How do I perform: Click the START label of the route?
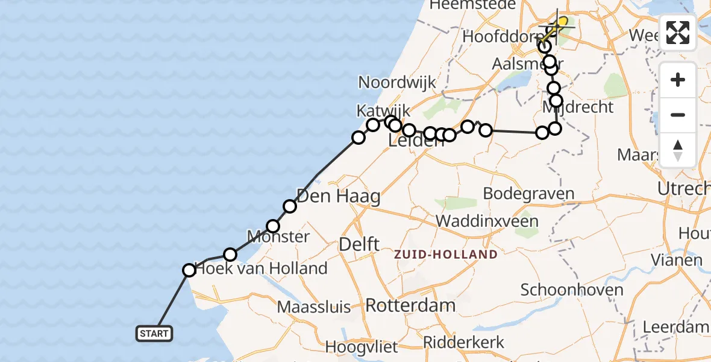[x=154, y=334]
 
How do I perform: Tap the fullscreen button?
[x=678, y=33]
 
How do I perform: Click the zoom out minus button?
[x=678, y=115]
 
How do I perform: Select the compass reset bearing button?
[x=678, y=150]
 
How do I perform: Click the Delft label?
[x=359, y=244]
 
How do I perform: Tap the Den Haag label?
[x=338, y=196]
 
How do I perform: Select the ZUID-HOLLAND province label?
[x=446, y=254]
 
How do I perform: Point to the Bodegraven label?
[x=528, y=194]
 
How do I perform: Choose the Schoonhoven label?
[x=572, y=290]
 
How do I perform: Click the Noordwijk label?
[x=396, y=83]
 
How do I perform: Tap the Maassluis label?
[x=314, y=307]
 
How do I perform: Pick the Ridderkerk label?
[x=463, y=342]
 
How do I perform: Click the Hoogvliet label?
[x=362, y=347]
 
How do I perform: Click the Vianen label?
[x=677, y=261]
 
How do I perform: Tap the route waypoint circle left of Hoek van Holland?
[x=189, y=270]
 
